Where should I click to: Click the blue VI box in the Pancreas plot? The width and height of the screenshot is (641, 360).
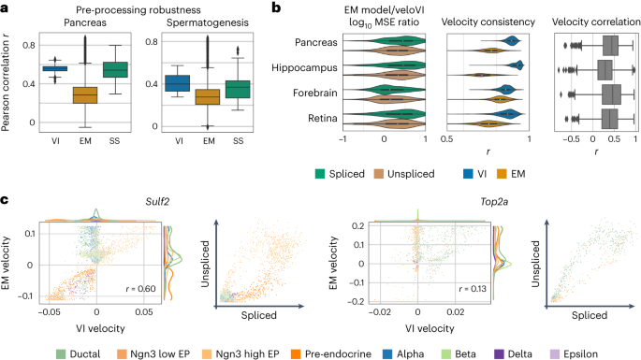[x=55, y=68]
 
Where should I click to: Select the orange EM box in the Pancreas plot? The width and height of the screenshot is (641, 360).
[x=85, y=95]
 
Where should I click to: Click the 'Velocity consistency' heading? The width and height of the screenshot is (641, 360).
[x=488, y=21]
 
